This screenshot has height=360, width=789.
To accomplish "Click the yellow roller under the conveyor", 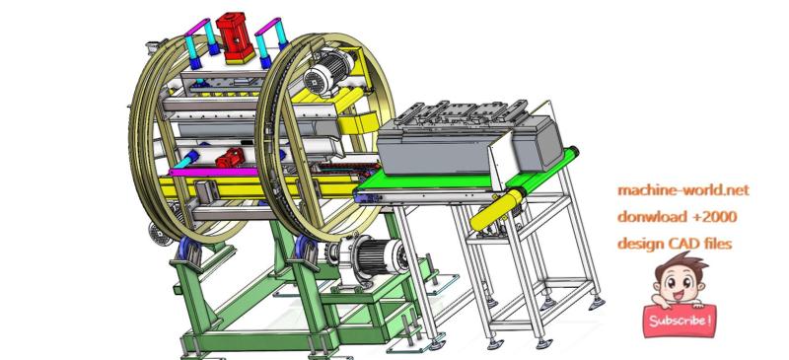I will click(497, 208).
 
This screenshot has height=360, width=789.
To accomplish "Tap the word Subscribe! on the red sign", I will click(679, 321).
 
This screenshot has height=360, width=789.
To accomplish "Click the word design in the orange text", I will click(642, 243).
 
